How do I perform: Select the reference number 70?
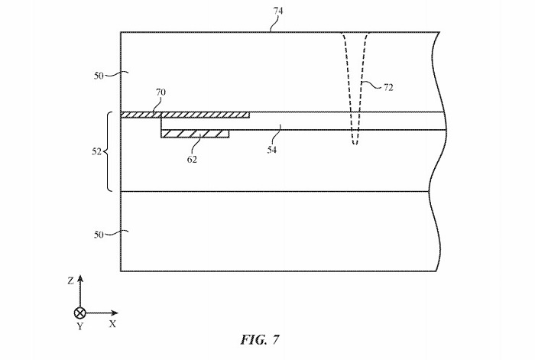click(160, 92)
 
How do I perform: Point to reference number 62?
click(192, 160)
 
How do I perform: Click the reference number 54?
click(273, 149)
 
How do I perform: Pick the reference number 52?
click(96, 151)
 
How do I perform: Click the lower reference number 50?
click(99, 235)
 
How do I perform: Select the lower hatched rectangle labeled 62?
click(195, 134)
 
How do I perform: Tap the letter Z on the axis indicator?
click(70, 281)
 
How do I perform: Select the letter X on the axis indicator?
click(112, 324)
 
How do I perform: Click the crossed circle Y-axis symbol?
click(79, 313)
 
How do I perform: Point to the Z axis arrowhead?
click(79, 281)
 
